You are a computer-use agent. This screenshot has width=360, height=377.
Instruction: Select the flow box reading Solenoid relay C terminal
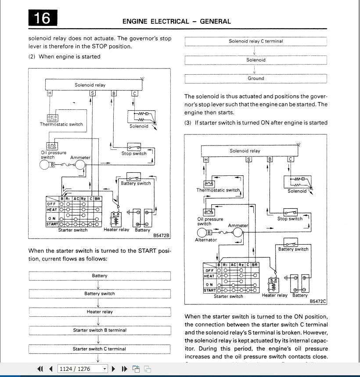256,41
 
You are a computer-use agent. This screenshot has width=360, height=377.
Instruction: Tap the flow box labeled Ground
256,79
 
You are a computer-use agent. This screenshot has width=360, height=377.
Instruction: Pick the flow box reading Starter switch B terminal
100,330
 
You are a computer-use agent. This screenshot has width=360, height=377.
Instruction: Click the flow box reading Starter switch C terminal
100,349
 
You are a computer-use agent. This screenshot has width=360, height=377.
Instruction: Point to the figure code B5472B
161,236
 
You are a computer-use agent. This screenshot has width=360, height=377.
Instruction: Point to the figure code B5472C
318,302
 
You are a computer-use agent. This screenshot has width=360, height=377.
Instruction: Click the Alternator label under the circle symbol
206,240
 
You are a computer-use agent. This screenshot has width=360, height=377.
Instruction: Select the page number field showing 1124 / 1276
83,369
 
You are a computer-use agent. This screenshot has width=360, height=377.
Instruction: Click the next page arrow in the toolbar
114,369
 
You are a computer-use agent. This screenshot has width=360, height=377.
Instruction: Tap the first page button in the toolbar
40,369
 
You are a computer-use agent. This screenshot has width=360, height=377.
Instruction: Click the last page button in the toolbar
124,369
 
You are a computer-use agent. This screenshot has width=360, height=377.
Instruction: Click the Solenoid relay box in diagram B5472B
90,85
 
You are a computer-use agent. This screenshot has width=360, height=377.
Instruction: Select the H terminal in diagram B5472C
205,159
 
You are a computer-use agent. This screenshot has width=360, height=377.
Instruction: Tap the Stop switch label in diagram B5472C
290,219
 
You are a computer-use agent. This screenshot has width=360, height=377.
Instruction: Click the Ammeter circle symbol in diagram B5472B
80,165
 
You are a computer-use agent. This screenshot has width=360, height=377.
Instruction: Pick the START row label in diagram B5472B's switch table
52,224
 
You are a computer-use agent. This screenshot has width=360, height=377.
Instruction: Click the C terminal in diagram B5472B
135,93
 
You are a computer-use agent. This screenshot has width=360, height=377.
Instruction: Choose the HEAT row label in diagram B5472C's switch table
209,276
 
